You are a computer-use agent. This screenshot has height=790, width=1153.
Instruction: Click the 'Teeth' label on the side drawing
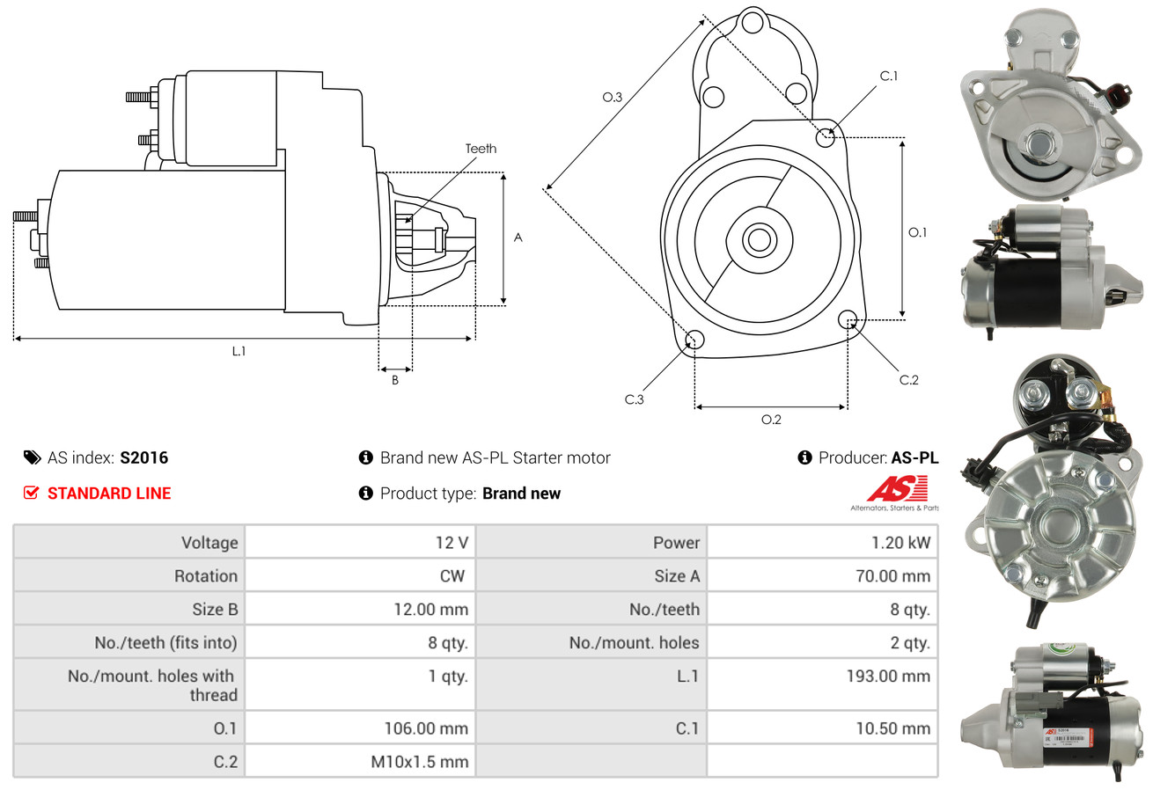[x=481, y=149]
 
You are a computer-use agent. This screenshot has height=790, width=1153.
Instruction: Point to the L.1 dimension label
[x=239, y=351]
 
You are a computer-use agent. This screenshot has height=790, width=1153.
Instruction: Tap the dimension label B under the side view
[x=395, y=380]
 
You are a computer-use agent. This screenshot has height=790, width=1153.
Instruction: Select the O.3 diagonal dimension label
[x=612, y=97]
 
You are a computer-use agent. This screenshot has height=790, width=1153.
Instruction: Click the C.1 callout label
[x=889, y=76]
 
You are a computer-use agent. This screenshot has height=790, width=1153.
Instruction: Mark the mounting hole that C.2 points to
[x=848, y=318]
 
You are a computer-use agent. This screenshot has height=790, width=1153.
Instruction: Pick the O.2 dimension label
[x=771, y=420]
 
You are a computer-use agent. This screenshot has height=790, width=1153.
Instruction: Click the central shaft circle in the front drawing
[x=756, y=238]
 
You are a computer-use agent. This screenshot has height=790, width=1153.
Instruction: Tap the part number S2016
[x=143, y=457]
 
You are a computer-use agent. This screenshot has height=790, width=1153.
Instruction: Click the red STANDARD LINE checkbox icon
[x=32, y=493]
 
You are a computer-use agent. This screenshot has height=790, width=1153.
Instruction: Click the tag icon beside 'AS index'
[x=32, y=457]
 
